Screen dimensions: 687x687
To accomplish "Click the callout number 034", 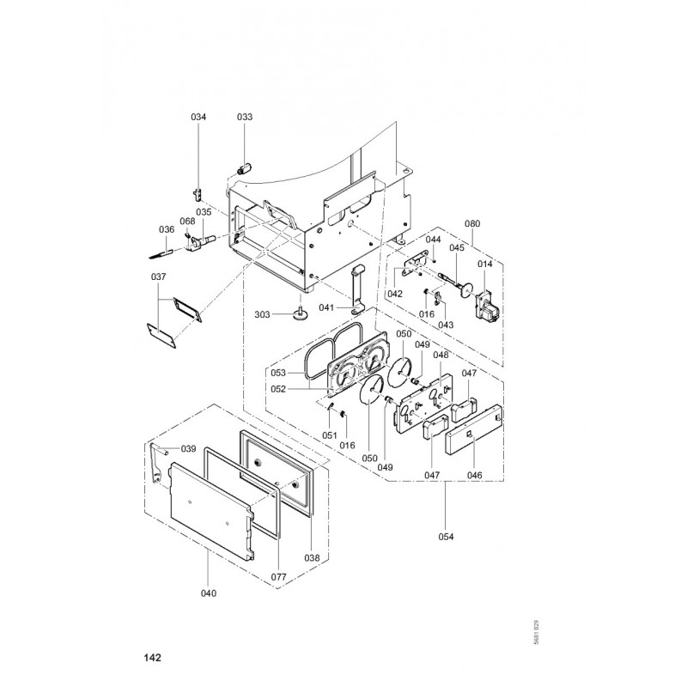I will (x=198, y=117).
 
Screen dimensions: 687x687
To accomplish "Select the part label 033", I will (x=245, y=117).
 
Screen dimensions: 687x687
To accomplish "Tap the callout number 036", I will (x=167, y=229).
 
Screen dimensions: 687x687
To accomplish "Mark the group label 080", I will (x=472, y=225).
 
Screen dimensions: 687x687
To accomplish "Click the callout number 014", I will (x=486, y=265).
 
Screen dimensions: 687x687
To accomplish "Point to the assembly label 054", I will (x=446, y=538).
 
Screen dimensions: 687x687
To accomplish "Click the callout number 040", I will (x=209, y=593).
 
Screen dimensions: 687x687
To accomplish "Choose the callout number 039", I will (x=188, y=449).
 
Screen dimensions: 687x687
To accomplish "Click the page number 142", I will (x=153, y=659).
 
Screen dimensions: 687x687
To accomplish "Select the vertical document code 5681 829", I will (x=535, y=634).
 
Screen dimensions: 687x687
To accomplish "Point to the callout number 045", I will (x=457, y=248).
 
